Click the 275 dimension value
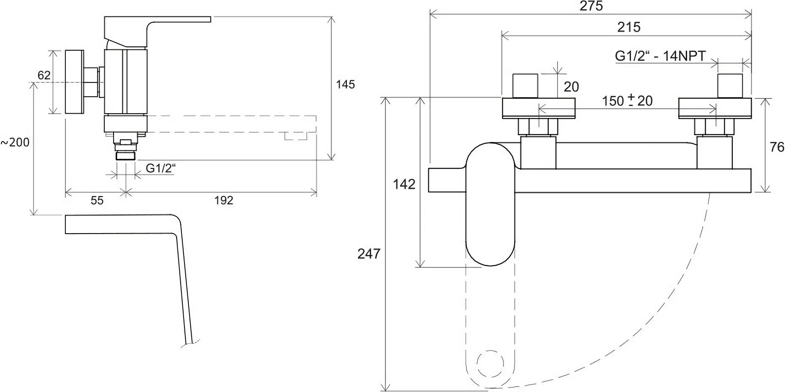tap(591, 6)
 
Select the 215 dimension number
tap(629, 27)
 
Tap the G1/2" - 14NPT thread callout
tap(660, 56)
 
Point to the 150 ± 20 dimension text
tap(627, 101)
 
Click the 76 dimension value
tap(777, 147)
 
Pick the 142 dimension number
tap(404, 184)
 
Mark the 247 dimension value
tap(368, 253)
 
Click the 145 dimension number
tap(345, 84)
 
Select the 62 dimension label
tap(44, 75)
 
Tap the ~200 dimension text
tap(15, 142)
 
